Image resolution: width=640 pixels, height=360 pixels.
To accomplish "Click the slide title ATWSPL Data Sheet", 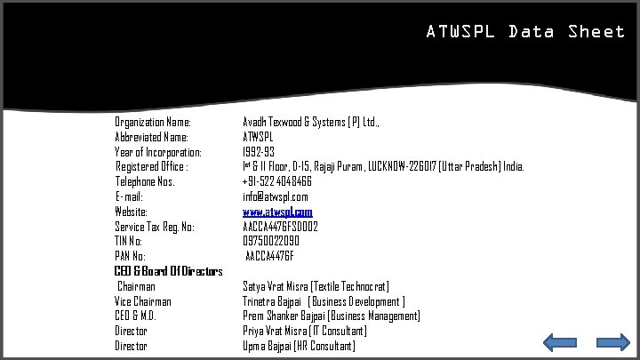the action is point(525,32).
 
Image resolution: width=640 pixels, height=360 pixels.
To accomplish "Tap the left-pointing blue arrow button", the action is point(560,343).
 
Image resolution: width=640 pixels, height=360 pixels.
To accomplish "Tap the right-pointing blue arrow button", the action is point(612,343).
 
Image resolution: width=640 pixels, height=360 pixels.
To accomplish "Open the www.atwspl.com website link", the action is point(277,212).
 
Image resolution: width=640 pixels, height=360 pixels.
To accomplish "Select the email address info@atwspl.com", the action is point(276,196).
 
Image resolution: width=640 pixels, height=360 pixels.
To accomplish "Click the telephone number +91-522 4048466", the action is point(277,181).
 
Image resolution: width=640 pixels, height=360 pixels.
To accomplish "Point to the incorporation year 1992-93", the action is point(259,152).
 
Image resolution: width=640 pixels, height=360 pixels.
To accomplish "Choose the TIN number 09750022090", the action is point(271,241).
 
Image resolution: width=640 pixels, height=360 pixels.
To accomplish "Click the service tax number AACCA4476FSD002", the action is point(281,227).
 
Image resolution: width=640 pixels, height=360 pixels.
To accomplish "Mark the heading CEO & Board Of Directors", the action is point(168,271).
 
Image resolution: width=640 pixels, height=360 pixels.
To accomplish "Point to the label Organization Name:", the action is point(153,122).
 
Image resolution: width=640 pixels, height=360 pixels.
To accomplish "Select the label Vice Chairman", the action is point(143,301).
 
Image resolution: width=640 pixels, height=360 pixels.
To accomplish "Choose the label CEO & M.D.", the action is point(136,316).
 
